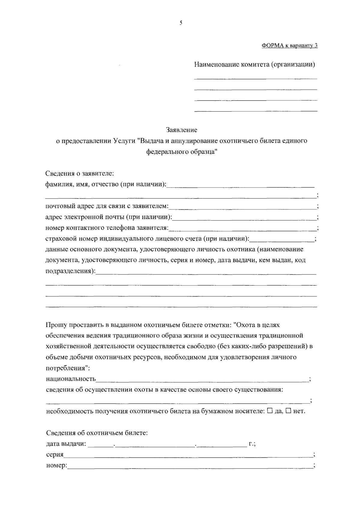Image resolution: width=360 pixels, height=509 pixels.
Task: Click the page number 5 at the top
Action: click(x=181, y=23)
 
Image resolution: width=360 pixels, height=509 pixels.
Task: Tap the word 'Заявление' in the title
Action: click(x=182, y=130)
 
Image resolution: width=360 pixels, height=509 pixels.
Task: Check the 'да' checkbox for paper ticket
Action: click(x=269, y=411)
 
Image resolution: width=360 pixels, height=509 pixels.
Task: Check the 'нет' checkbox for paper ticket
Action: click(x=288, y=411)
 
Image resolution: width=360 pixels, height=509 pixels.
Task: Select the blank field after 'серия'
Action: click(x=188, y=455)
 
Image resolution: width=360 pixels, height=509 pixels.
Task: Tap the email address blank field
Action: click(x=244, y=217)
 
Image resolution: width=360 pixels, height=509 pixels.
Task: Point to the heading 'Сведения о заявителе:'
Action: click(x=79, y=174)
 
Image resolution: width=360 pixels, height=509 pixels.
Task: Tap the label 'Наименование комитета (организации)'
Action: click(x=254, y=64)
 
